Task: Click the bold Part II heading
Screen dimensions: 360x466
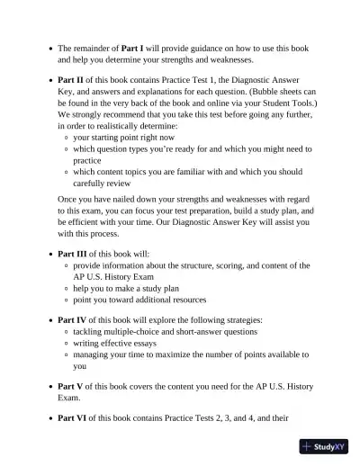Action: (x=71, y=80)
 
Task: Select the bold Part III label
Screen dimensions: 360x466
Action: (x=73, y=255)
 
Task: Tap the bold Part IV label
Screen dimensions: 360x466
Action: (x=73, y=320)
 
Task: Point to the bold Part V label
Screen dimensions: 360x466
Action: (x=71, y=386)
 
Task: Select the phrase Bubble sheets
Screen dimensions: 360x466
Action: (x=248, y=92)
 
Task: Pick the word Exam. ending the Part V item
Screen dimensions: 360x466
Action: (x=69, y=397)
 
